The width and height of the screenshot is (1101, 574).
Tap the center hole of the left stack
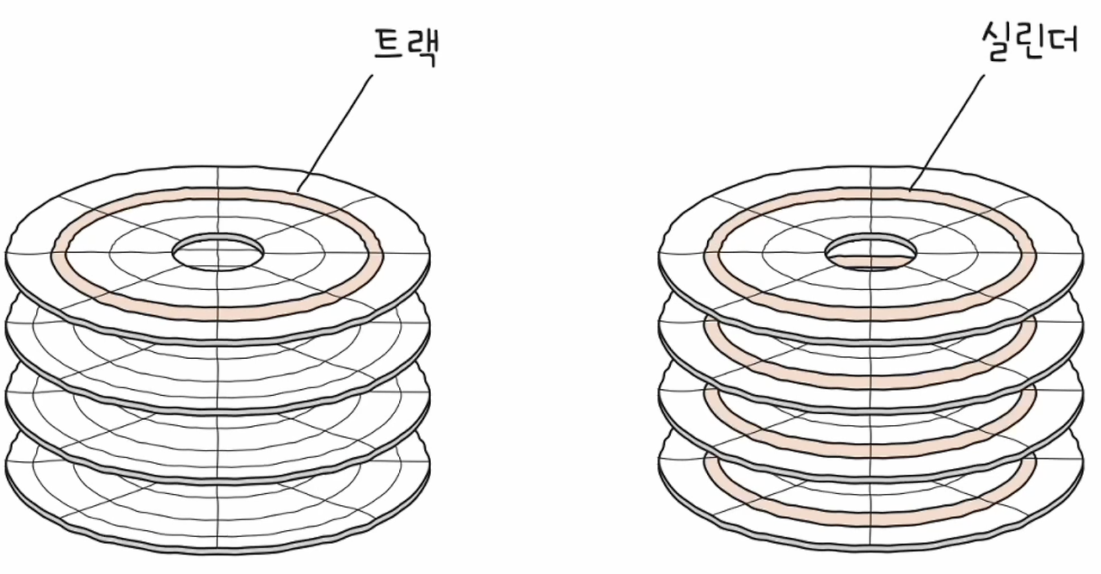218,252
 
